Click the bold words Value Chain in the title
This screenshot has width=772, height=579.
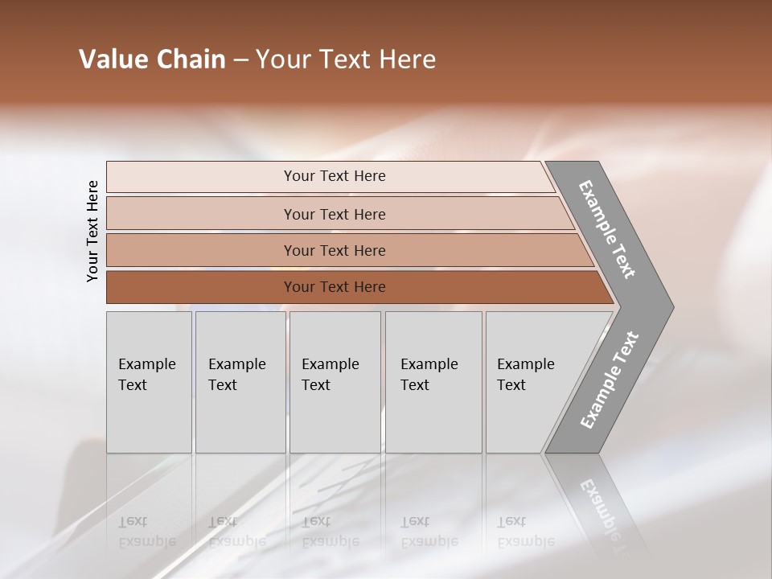click(x=152, y=60)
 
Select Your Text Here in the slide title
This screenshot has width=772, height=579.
click(x=346, y=60)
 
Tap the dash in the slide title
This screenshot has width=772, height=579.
click(x=240, y=60)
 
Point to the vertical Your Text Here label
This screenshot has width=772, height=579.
click(x=92, y=231)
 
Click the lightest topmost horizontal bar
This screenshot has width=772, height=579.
click(x=335, y=176)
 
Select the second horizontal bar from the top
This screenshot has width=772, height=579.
click(x=335, y=214)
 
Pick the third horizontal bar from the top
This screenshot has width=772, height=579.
click(x=335, y=250)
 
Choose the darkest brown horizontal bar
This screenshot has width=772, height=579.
click(x=335, y=287)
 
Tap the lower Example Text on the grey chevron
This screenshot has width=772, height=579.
click(x=610, y=380)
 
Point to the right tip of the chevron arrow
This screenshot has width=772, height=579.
click(x=671, y=306)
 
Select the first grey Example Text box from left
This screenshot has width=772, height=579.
click(x=149, y=382)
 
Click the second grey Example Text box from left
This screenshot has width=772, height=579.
click(x=240, y=382)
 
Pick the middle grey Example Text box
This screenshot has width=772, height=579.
click(x=335, y=382)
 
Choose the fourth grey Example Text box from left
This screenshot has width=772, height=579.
click(x=433, y=382)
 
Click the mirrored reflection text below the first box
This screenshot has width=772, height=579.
click(x=146, y=532)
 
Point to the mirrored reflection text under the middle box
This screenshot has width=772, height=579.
click(x=330, y=532)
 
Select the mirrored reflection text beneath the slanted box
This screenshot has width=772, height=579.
click(x=525, y=532)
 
